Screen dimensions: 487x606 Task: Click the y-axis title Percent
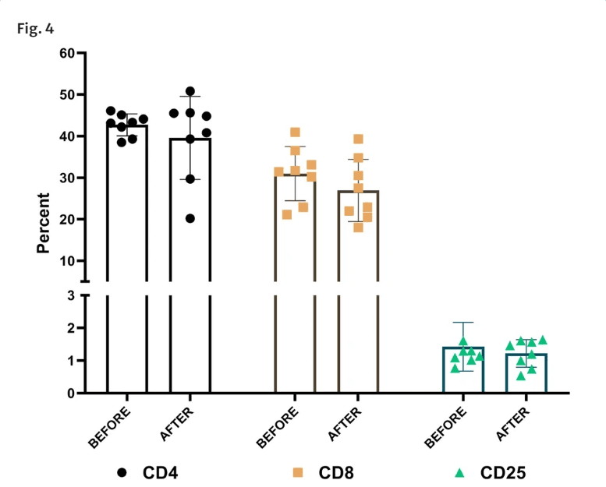pyautogui.click(x=44, y=224)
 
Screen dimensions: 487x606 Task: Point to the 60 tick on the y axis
pyautogui.click(x=67, y=54)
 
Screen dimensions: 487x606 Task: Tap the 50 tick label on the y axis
pyautogui.click(x=67, y=95)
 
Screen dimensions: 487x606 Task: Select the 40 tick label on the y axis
pyautogui.click(x=67, y=136)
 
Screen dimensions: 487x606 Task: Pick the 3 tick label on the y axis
pyautogui.click(x=71, y=295)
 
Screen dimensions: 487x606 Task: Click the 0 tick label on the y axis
pyautogui.click(x=71, y=393)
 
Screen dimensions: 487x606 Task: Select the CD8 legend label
pyautogui.click(x=335, y=472)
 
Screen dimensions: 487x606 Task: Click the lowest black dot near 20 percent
pyautogui.click(x=190, y=218)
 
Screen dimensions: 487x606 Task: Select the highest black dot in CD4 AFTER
pyautogui.click(x=190, y=92)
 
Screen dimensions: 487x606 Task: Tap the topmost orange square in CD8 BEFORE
pyautogui.click(x=296, y=132)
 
